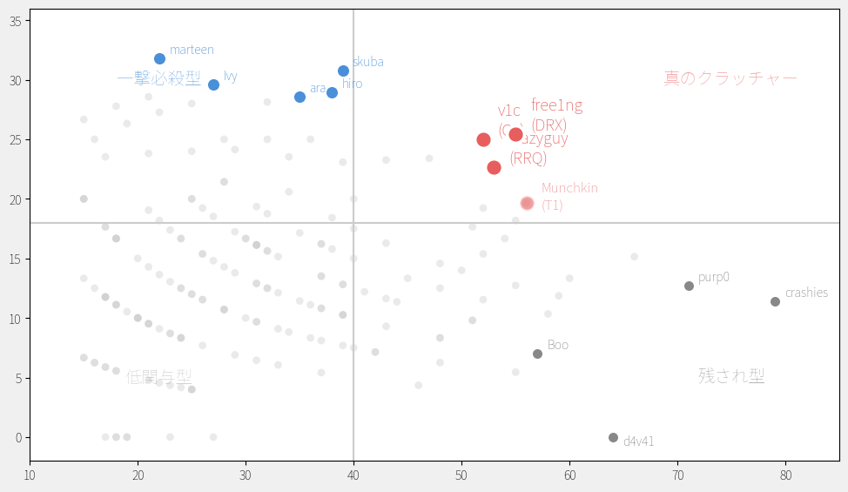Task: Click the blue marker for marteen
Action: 159,59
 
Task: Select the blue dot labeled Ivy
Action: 213,84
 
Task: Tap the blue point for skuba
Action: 343,71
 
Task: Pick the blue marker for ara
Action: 299,97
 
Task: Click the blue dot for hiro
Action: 332,92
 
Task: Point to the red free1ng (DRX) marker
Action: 515,134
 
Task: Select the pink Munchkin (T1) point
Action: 527,203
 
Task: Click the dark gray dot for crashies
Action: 775,301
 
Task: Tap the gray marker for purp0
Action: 689,286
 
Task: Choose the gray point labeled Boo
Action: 537,354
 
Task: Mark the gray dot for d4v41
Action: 613,437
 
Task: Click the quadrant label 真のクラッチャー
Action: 730,78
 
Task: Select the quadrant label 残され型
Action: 731,376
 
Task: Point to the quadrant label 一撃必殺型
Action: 158,79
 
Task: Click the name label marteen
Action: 192,50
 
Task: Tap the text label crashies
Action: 806,293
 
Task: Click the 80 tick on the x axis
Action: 785,475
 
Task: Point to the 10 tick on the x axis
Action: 30,475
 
